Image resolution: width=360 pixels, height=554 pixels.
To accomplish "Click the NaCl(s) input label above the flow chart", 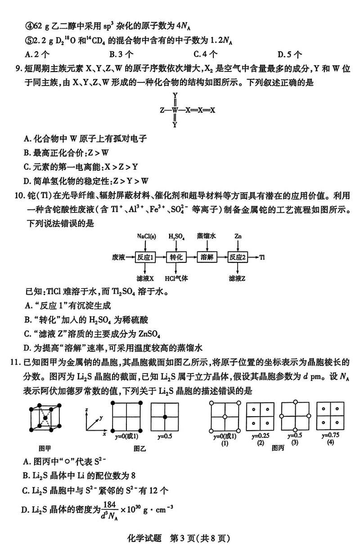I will (x=146, y=236).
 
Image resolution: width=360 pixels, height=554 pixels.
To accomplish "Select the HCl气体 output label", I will (x=176, y=279).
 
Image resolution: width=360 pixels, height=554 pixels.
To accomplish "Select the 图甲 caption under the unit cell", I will (x=45, y=447).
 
